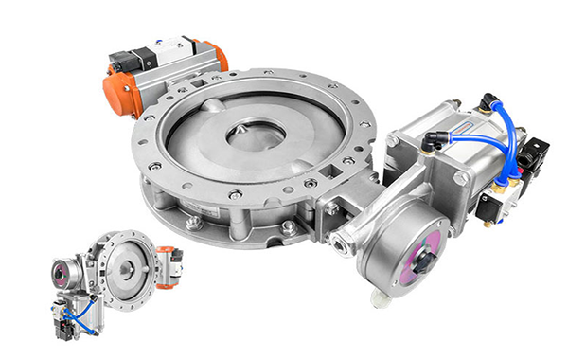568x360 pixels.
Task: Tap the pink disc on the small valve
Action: [x=62, y=275]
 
